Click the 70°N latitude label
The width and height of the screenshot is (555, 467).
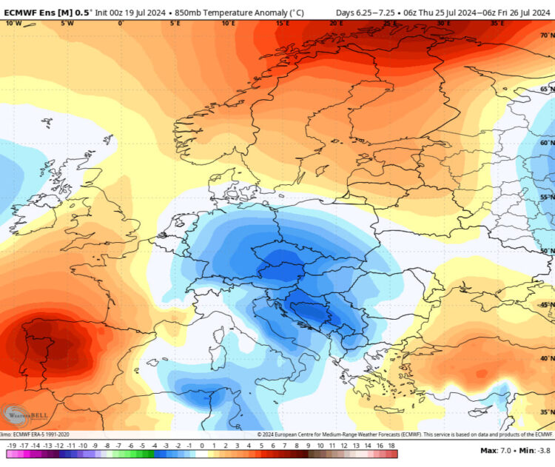click(x=547, y=34)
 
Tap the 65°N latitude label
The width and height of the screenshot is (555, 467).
click(x=547, y=89)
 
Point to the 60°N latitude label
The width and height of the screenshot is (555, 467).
click(x=547, y=143)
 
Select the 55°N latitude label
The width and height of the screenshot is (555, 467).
click(x=547, y=197)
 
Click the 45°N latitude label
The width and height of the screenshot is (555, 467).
click(x=547, y=305)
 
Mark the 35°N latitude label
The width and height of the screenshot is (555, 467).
click(x=547, y=412)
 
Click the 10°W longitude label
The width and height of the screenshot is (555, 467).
click(x=13, y=23)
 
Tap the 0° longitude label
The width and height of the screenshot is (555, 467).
click(x=121, y=23)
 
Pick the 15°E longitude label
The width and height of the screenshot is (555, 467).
click(x=282, y=23)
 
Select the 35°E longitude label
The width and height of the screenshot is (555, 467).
click(x=497, y=23)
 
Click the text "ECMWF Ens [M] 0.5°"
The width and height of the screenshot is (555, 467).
click(x=46, y=13)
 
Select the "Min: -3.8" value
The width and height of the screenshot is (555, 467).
click(x=534, y=450)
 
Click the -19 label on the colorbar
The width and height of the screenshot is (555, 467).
click(x=11, y=446)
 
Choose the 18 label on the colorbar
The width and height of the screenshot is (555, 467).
click(x=391, y=446)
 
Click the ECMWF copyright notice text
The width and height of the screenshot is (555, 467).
click(x=406, y=434)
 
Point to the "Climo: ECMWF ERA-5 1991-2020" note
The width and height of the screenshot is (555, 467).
click(x=34, y=434)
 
